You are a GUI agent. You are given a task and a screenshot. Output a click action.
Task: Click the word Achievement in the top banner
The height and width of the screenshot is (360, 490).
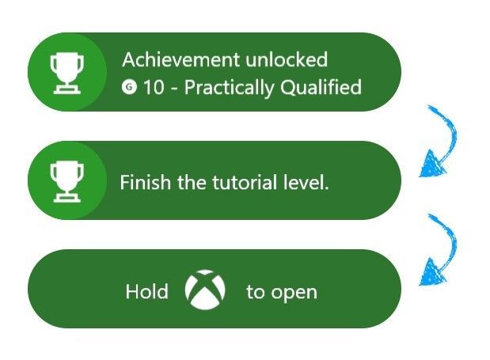pos(181,59)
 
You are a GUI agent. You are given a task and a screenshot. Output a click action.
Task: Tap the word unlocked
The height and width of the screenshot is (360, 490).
pos(287,59)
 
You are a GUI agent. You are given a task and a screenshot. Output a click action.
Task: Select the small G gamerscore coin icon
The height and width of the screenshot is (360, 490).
pos(129,86)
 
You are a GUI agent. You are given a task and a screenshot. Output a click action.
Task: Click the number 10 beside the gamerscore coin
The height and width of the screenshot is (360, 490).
pos(154,87)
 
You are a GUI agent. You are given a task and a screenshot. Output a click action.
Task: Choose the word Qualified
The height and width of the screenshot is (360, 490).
pos(321,87)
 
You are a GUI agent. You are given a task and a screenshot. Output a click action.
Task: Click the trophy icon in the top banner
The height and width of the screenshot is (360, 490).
pos(66,74)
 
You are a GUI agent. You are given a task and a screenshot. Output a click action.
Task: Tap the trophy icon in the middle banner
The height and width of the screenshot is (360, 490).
pos(66,182)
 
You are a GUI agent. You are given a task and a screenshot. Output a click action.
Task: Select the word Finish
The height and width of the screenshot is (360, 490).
pos(146,182)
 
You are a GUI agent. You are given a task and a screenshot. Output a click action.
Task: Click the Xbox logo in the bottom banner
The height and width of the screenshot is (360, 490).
pos(205,290)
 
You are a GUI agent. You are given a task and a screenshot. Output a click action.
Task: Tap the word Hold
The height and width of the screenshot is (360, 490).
pos(147,291)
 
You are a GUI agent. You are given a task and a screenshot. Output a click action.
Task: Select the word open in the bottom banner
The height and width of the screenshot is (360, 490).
pos(294,294)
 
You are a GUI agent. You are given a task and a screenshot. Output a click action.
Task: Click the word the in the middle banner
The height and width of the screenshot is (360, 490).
pos(192,182)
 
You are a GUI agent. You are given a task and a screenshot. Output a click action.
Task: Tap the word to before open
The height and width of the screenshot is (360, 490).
pos(256,292)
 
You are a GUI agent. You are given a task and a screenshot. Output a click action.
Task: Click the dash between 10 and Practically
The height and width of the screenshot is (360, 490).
pos(174,89)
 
